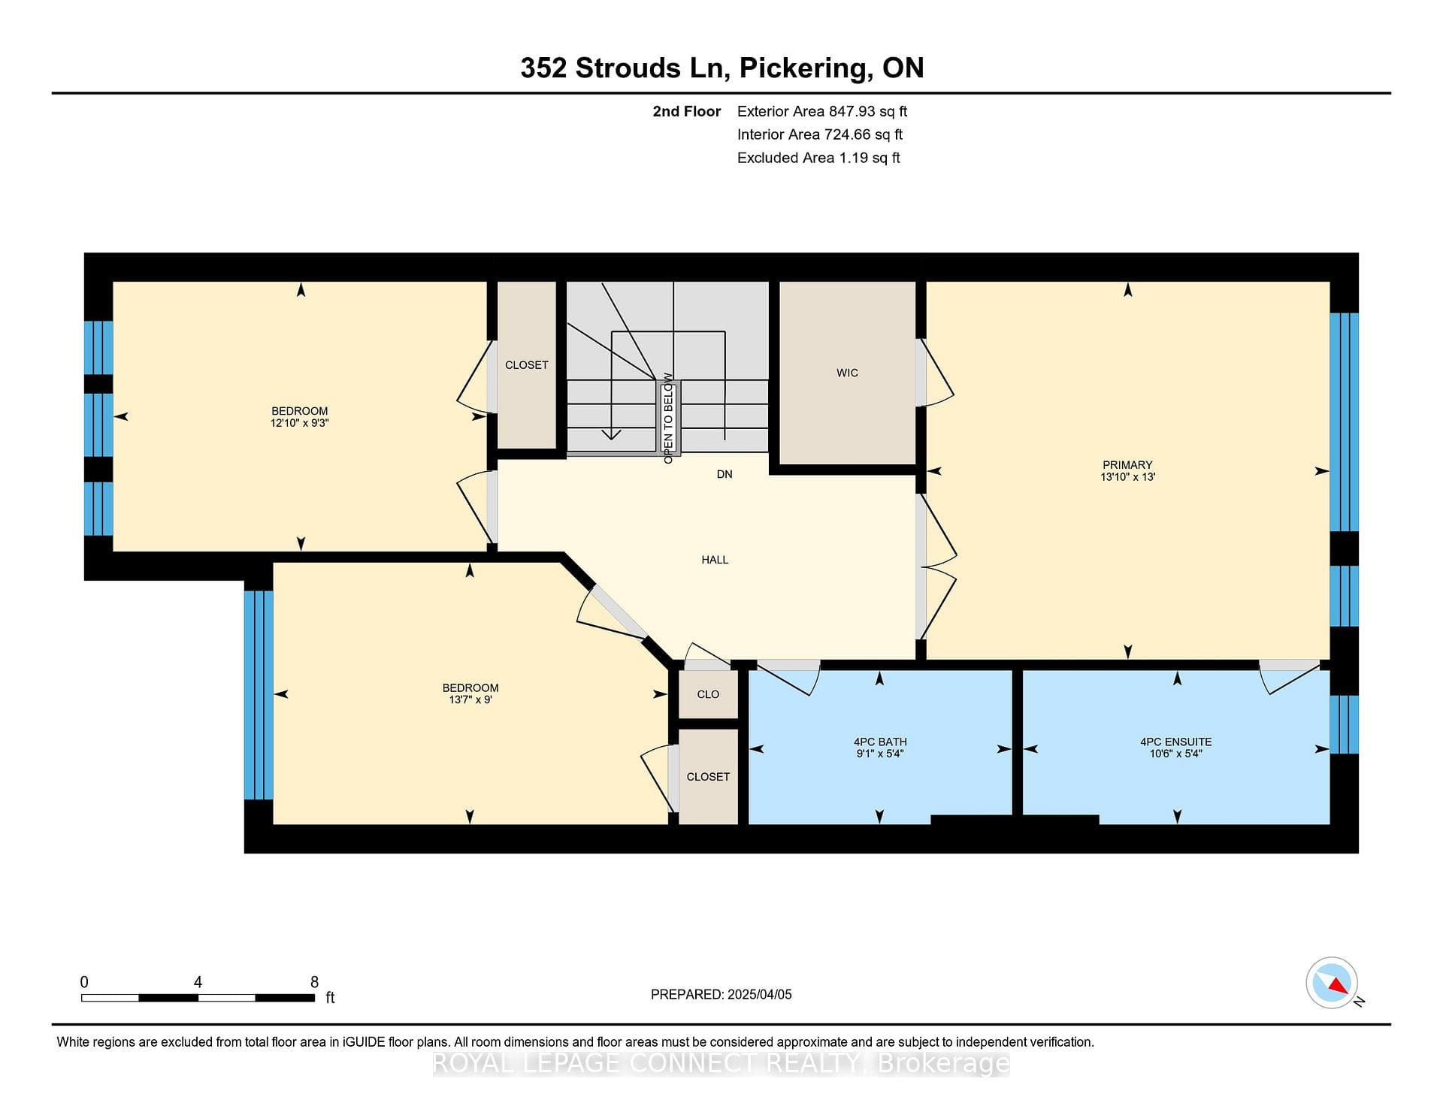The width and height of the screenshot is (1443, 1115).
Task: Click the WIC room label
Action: [x=847, y=373]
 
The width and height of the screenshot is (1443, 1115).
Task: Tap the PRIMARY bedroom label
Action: [x=1127, y=465]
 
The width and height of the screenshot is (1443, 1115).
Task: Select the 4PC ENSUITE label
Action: [x=1175, y=742]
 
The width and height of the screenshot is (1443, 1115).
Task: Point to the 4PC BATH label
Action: [x=880, y=742]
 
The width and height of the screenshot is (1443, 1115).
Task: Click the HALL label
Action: [x=715, y=560]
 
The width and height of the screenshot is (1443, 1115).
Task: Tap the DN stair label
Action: [x=725, y=474]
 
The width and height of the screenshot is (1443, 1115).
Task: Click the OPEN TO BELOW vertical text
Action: [x=668, y=418]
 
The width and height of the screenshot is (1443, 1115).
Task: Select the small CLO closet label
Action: [x=708, y=694]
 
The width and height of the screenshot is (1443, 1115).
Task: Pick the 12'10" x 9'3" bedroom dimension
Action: [x=300, y=423]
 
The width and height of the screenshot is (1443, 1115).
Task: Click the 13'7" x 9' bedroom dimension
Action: [x=470, y=700]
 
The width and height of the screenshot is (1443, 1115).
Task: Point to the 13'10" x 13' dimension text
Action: [x=1127, y=477]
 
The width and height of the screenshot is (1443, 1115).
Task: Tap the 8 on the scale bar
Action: [x=314, y=982]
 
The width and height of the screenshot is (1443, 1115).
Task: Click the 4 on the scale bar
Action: [x=198, y=982]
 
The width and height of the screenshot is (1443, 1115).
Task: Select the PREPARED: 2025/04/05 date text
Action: [x=721, y=994]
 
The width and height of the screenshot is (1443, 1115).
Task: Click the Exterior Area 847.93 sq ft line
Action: [x=822, y=111]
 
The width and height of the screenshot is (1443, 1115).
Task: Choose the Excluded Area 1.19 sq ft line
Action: [x=818, y=158]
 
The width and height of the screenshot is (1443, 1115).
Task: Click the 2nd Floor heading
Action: [x=686, y=111]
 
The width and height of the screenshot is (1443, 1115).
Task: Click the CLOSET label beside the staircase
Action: [x=526, y=365]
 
